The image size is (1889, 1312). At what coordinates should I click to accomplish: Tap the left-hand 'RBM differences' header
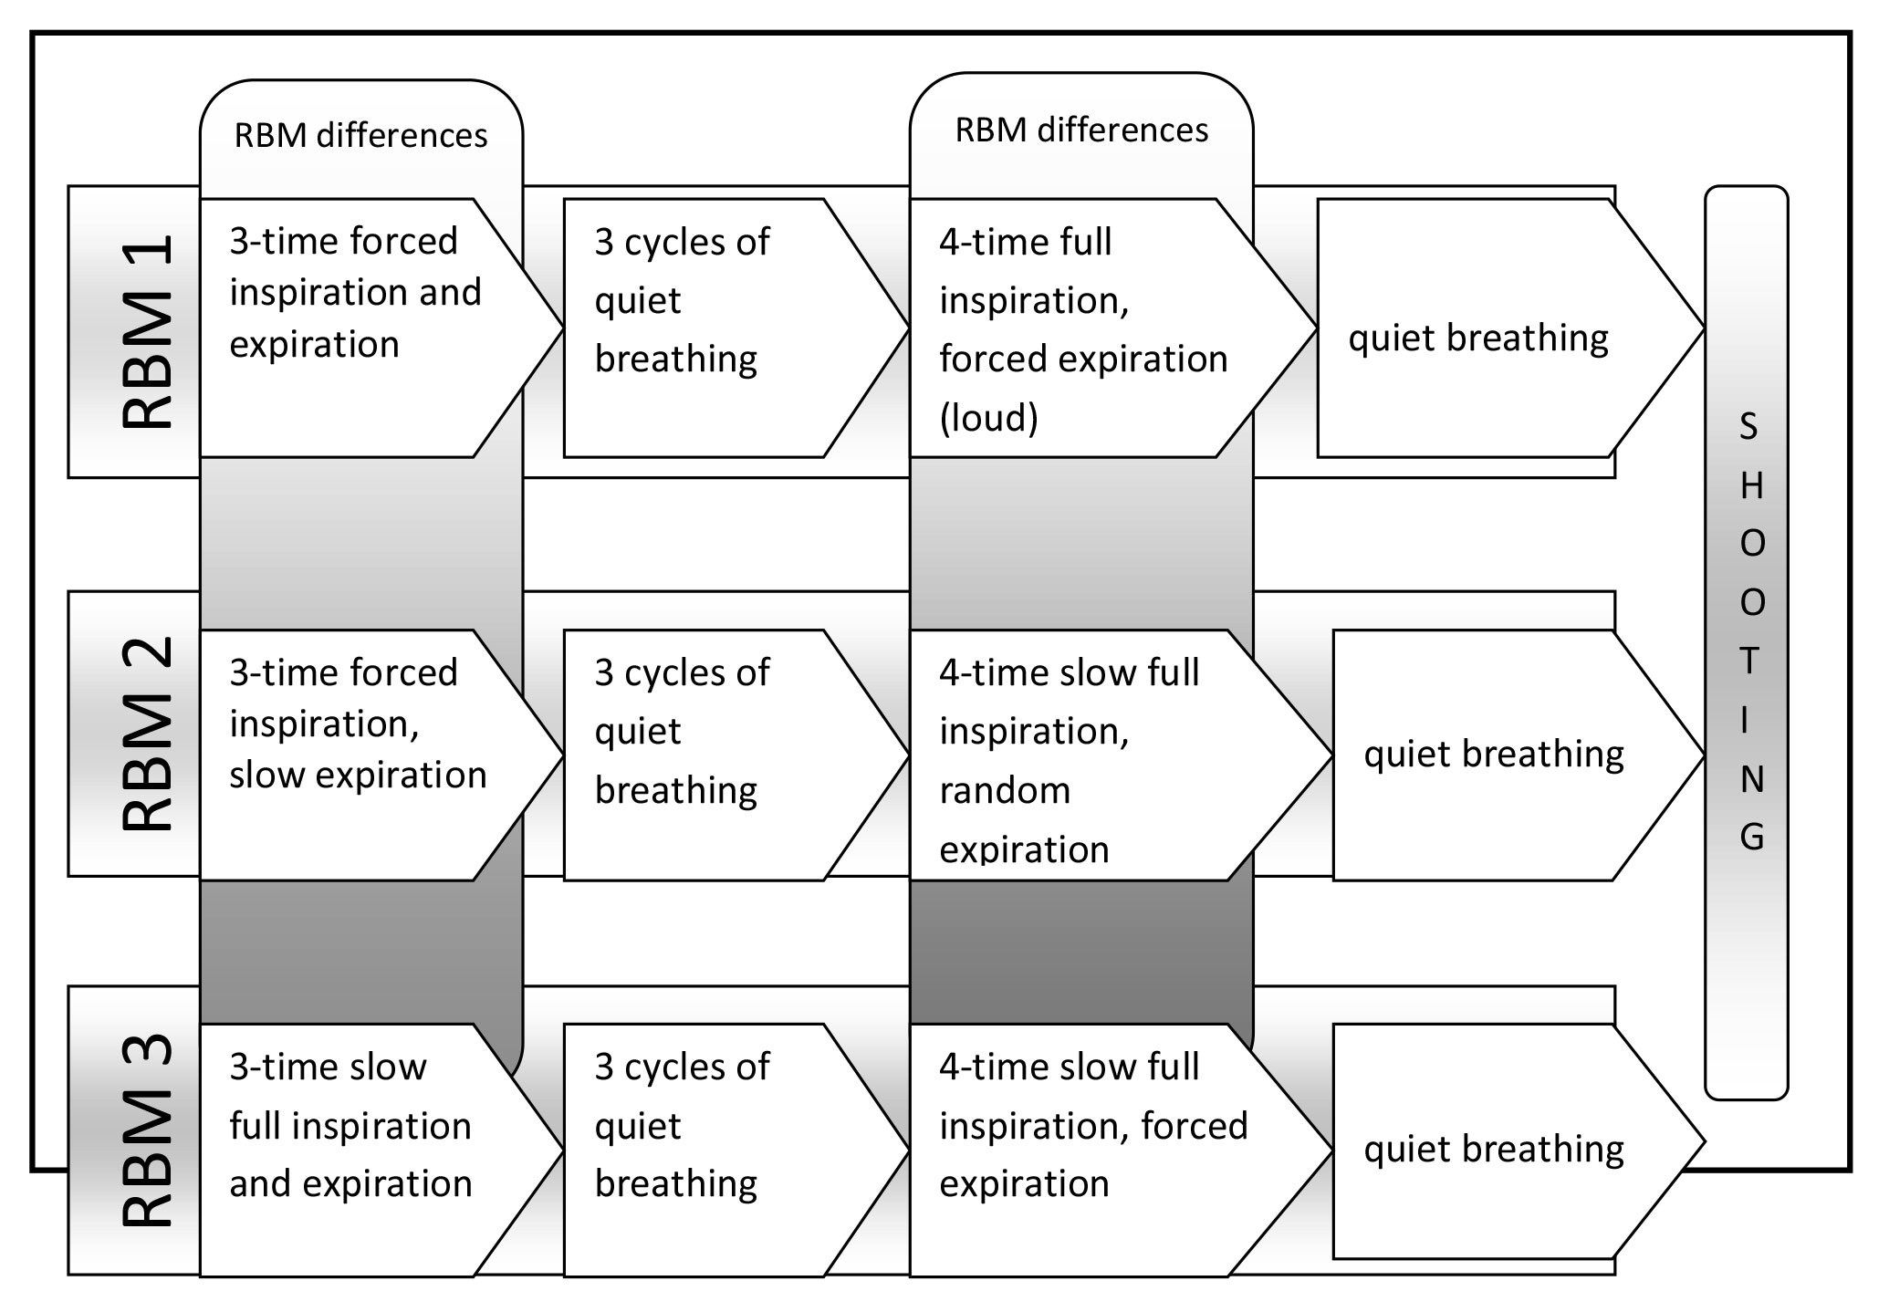click(360, 136)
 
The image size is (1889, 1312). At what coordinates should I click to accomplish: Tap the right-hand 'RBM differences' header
click(1081, 130)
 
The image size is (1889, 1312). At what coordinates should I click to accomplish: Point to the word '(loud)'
click(989, 418)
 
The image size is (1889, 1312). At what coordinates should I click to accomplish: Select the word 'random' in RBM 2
click(1005, 791)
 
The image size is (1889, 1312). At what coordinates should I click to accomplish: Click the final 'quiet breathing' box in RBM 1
click(1478, 338)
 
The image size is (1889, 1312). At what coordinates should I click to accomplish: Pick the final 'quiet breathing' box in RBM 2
click(1494, 755)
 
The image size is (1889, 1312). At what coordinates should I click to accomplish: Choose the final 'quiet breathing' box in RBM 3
click(1494, 1149)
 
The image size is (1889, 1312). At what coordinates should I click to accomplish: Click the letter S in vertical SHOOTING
click(1748, 427)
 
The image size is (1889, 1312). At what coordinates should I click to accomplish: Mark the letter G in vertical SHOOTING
click(1751, 837)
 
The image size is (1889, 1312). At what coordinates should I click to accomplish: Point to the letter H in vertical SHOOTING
click(1751, 486)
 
